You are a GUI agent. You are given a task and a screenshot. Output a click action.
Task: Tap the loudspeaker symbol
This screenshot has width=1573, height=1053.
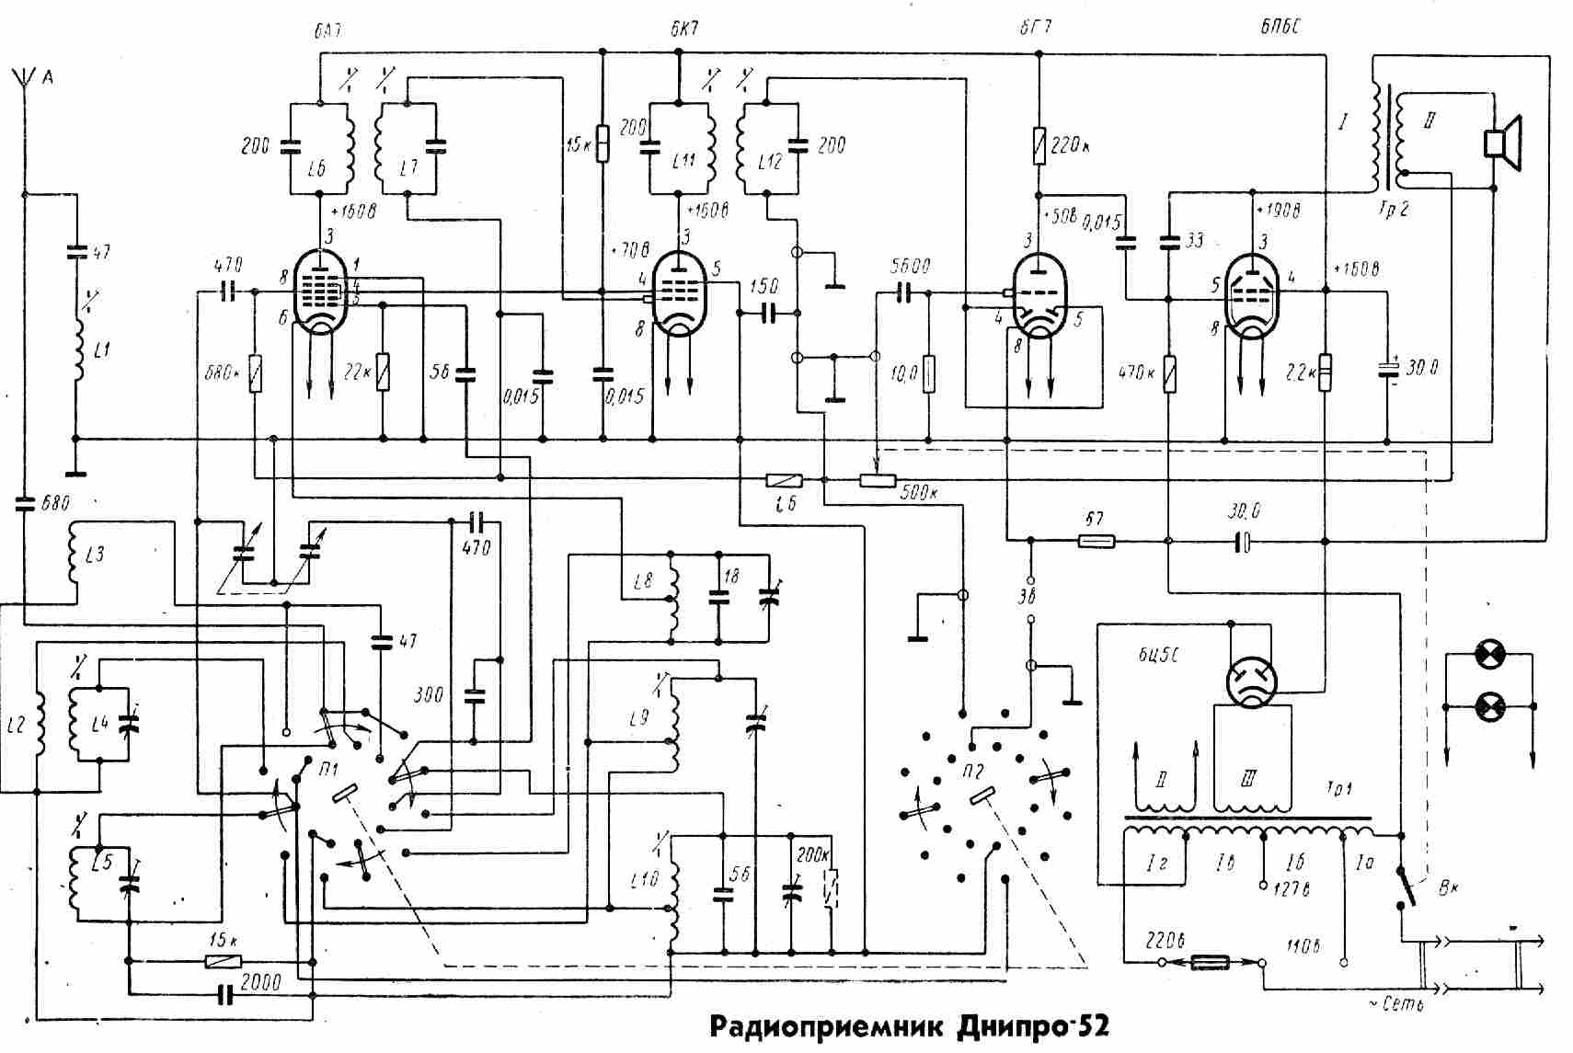pos(1502,144)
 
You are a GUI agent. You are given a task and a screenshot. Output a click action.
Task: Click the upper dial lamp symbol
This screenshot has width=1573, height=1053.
pos(1488,655)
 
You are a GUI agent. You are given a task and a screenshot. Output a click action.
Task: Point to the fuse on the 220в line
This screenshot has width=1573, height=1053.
pos(1211,963)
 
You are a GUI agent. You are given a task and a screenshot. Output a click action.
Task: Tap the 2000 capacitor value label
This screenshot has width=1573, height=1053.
pos(259,983)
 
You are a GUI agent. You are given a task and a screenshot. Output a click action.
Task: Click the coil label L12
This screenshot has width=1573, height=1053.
pos(770,163)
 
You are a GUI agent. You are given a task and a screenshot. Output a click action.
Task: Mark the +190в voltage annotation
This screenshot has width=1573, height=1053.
pos(1280,211)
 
